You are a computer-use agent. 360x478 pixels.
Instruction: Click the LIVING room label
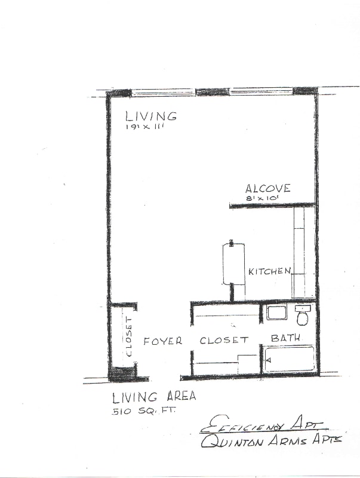(x=151, y=117)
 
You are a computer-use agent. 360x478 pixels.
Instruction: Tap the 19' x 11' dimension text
(x=145, y=127)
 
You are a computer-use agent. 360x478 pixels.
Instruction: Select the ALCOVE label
(x=267, y=188)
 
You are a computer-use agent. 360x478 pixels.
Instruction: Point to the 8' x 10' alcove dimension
(x=263, y=198)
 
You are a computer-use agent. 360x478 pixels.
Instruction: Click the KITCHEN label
(x=270, y=271)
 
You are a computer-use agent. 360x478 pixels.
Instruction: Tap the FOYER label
(x=162, y=341)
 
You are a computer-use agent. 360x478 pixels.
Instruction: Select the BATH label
(x=286, y=338)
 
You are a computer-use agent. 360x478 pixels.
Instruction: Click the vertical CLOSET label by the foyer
(x=129, y=337)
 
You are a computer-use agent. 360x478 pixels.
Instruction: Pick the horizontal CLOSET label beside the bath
(x=224, y=340)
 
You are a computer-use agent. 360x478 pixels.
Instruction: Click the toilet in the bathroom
(x=303, y=315)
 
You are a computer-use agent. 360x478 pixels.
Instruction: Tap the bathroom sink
(x=276, y=312)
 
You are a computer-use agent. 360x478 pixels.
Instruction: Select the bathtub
(x=289, y=359)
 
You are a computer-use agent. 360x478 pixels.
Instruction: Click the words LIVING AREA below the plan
(x=154, y=397)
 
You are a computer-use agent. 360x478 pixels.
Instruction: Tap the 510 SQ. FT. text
(x=143, y=411)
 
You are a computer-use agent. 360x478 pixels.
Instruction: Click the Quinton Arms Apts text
(x=271, y=441)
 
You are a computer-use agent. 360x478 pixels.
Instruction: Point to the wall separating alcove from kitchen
(x=272, y=206)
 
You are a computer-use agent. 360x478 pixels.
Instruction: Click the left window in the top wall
(x=164, y=92)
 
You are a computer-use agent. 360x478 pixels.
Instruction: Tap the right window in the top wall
(x=261, y=91)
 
